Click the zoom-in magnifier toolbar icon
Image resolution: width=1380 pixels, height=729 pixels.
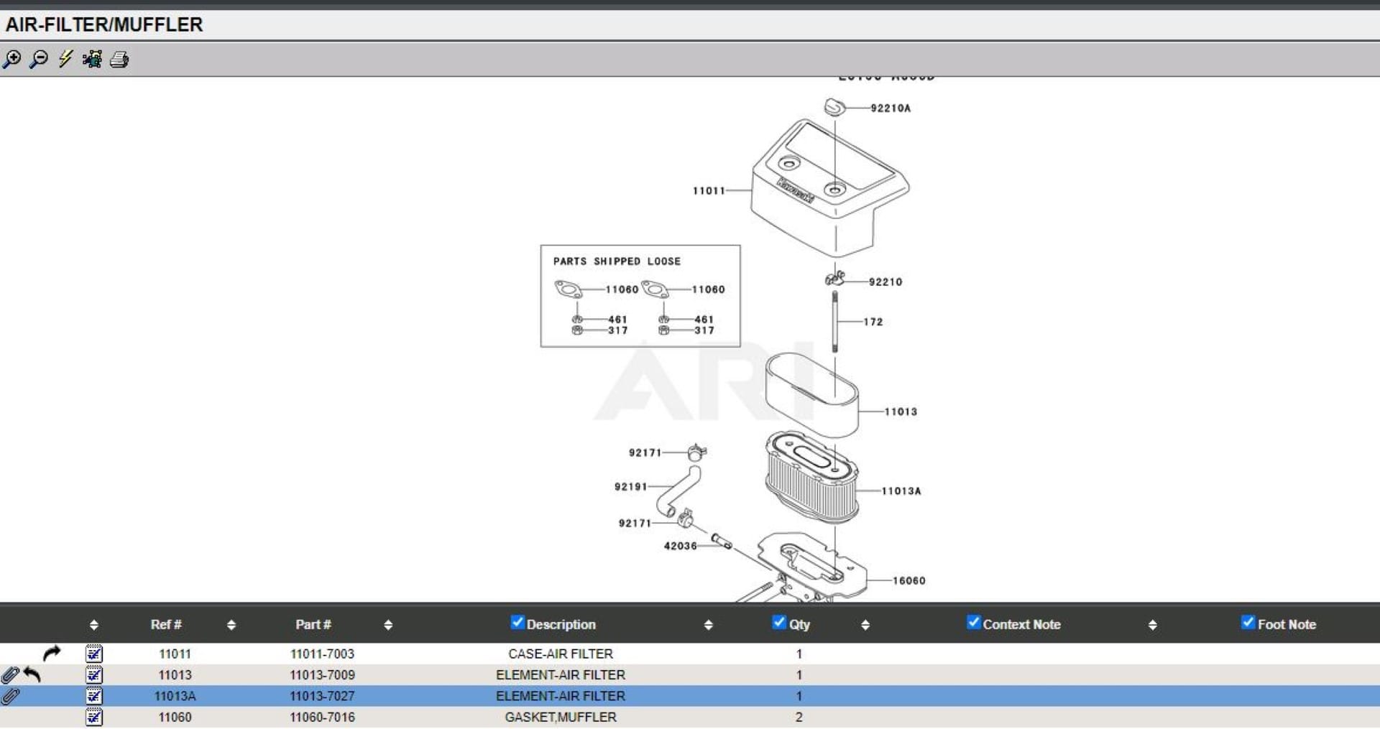tap(12, 59)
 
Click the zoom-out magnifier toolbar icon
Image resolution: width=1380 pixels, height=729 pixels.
tap(39, 59)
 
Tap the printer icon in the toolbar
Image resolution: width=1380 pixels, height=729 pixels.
tap(119, 59)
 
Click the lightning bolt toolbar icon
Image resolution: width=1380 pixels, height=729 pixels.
tap(65, 59)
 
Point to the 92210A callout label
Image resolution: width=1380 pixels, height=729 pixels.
tap(891, 108)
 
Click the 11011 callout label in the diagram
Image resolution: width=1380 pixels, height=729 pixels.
tap(709, 191)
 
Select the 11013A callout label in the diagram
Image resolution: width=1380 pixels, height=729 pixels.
tap(901, 491)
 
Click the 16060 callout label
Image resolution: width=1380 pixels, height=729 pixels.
tap(909, 581)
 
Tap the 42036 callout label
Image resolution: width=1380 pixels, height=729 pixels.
tap(680, 547)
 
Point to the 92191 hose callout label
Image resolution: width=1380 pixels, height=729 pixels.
tap(631, 487)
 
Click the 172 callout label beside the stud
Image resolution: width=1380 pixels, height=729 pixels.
tap(873, 322)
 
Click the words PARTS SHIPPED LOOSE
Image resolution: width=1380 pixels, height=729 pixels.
tap(617, 261)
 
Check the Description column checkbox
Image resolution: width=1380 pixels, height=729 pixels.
tap(517, 623)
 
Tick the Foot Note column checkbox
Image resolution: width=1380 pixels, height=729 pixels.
tap(1248, 623)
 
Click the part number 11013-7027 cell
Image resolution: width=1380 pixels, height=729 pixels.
tap(322, 696)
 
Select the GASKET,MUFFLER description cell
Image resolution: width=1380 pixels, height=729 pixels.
tap(561, 718)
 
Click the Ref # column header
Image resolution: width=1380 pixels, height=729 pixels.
tap(166, 625)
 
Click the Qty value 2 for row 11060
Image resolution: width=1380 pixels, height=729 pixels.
tap(799, 718)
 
